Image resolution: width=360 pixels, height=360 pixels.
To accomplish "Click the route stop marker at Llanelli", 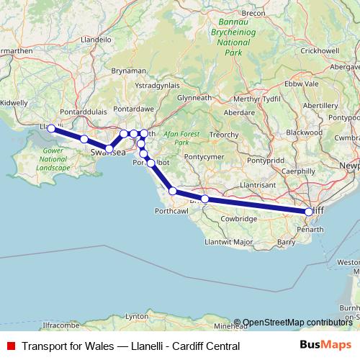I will click(51, 128).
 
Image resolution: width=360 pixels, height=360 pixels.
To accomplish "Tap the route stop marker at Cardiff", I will click(309, 212).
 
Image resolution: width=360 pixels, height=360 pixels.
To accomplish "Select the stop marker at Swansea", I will click(109, 149).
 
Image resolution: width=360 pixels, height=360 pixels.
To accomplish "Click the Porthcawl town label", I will click(171, 212).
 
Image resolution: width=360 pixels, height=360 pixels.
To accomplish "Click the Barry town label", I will click(286, 243).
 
